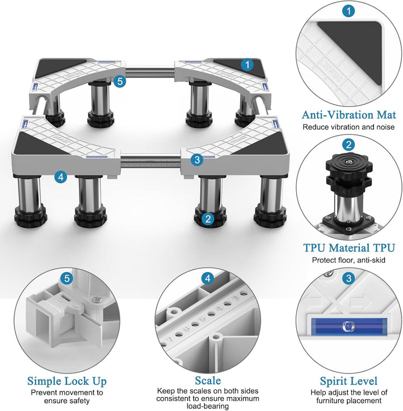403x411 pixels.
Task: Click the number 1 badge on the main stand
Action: point(247,64)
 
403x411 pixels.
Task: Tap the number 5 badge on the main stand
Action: point(120,81)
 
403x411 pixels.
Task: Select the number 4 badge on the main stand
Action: point(61,177)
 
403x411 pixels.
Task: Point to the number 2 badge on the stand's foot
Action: point(208,218)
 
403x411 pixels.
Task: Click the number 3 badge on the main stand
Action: point(197,160)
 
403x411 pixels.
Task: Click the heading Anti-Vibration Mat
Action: point(349,115)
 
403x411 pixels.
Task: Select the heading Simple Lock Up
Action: point(67,381)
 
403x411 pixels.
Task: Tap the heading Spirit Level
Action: point(349,381)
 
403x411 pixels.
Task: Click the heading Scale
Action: point(208,380)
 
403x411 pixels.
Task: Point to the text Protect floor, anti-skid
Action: point(349,260)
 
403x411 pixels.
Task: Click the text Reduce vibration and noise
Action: point(349,127)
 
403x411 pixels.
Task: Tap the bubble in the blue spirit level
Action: point(349,326)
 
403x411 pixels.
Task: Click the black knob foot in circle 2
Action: point(349,171)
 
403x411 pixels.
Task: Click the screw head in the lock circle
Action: point(97,300)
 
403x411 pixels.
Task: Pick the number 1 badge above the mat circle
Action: point(349,11)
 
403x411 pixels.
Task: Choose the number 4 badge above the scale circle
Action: point(208,278)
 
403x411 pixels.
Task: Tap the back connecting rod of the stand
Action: point(150,73)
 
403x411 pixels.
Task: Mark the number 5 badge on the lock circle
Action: point(67,278)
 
